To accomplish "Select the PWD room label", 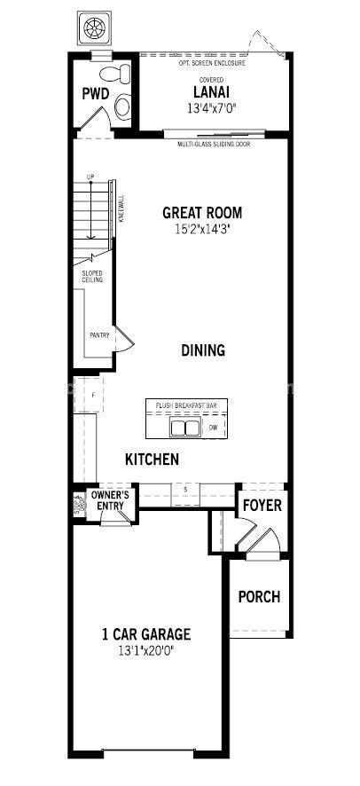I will tap(96, 93).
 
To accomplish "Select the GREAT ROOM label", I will tap(202, 213).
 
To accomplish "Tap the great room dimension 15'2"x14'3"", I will tap(202, 229).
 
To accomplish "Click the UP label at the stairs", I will tap(90, 177).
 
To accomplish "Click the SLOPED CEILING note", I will tap(92, 277).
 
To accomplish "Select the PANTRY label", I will tap(99, 335).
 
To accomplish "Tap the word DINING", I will tap(203, 350).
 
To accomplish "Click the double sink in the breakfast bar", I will tap(184, 428).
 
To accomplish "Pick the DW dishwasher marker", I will tap(213, 428).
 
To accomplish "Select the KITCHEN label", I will tap(152, 460).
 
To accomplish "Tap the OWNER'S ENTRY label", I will tap(111, 501).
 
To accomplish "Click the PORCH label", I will tap(259, 597).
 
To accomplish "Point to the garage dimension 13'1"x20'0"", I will tap(145, 650).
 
